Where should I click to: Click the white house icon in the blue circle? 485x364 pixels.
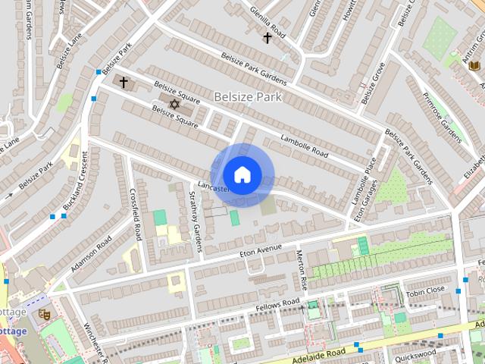click(242, 174)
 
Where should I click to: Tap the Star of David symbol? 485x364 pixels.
click(174, 103)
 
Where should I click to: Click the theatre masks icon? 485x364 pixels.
click(44, 312)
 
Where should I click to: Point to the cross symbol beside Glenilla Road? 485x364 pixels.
click(267, 37)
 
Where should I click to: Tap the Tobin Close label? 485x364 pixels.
click(425, 291)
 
